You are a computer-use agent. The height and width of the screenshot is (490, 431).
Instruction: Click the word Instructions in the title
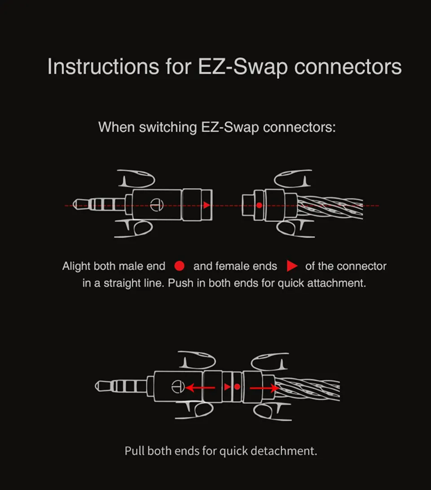coord(103,66)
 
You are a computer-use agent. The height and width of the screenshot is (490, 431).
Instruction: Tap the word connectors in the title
coord(348,66)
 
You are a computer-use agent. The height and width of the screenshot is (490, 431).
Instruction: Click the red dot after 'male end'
coord(179,266)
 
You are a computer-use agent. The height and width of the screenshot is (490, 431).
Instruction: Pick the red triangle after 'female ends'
coord(292,266)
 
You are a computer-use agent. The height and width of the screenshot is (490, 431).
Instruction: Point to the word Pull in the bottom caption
coord(135,451)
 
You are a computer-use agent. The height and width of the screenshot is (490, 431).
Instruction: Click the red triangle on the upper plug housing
coord(206,205)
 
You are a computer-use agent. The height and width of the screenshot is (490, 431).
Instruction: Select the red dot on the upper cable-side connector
coord(259,205)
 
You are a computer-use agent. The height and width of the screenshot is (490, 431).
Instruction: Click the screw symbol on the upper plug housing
coord(155,204)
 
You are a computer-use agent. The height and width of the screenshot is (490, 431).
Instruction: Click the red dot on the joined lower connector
coord(237,386)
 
